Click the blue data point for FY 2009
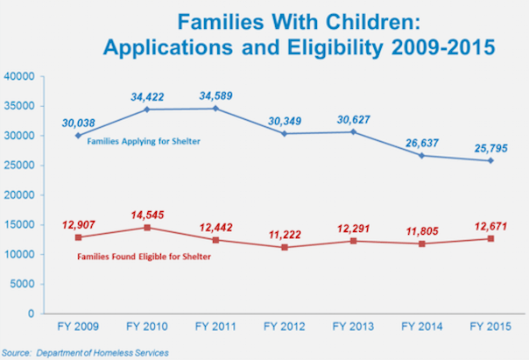[x=79, y=136]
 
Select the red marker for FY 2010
[x=148, y=228]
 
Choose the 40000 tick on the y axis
[x=40, y=77]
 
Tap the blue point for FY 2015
[x=492, y=160]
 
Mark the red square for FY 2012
[x=286, y=247]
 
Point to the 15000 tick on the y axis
[x=40, y=225]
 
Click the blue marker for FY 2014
[x=423, y=156]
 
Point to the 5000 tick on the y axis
[x=43, y=284]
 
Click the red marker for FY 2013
[x=355, y=241]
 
